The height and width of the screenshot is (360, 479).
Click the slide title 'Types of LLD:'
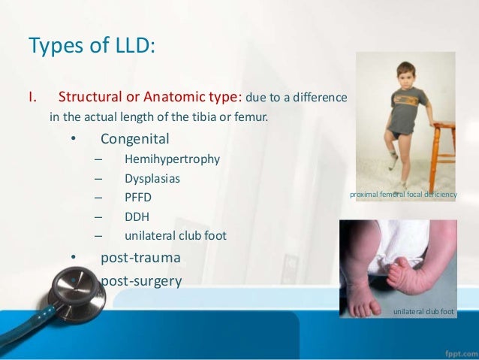point(92,47)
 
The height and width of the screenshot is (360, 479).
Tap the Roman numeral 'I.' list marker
point(33,98)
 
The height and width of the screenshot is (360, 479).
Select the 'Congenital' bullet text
point(135,139)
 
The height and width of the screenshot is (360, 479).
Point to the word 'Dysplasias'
point(152,179)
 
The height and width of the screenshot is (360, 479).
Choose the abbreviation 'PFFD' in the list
point(139,198)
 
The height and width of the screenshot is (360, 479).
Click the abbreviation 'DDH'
point(137,216)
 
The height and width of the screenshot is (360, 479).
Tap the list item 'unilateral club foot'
point(175,235)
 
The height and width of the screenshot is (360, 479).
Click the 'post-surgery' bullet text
point(141,281)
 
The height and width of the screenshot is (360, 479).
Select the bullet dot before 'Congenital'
point(73,140)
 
